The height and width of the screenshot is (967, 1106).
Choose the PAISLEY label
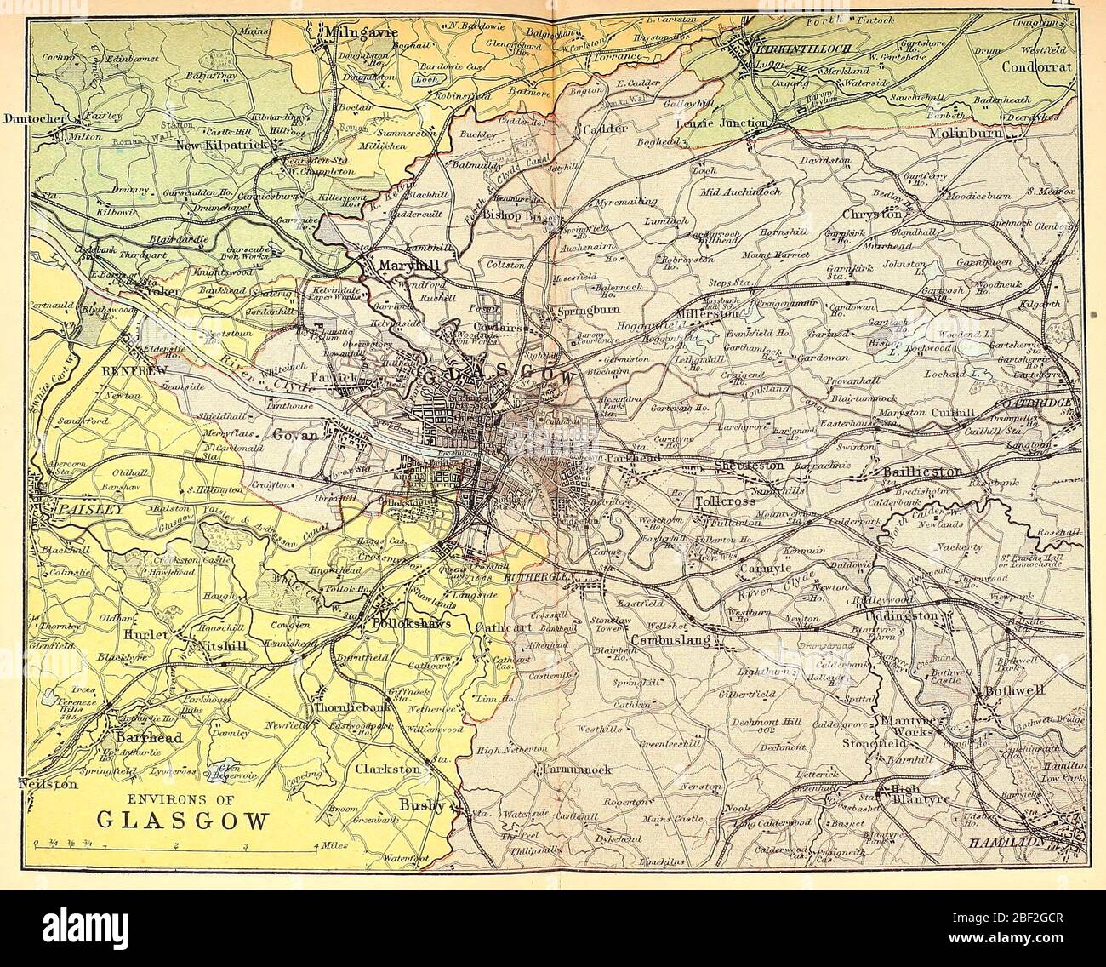(71, 508)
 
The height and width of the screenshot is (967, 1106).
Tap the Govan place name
(295, 434)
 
